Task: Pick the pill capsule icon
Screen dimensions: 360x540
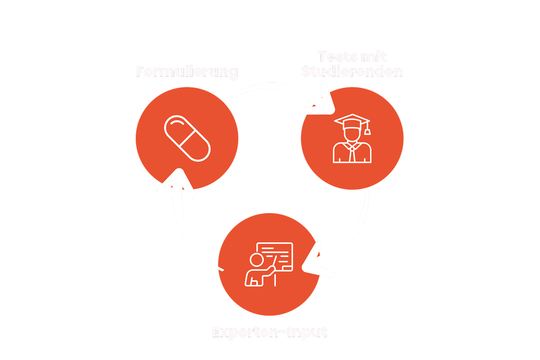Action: coord(187,138)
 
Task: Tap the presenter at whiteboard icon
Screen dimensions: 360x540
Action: coord(269,264)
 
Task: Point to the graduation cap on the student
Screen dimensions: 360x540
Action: coord(352,120)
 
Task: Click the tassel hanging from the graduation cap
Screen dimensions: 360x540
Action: coord(368,131)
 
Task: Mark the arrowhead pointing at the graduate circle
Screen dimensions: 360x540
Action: coord(324,106)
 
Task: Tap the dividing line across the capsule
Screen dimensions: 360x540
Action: coord(187,138)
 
